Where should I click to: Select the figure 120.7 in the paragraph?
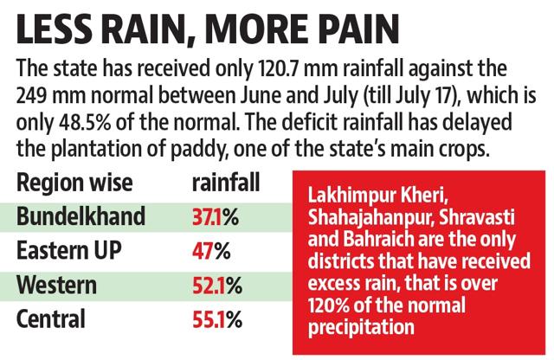pos(279,68)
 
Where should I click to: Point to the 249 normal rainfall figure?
pos(31,95)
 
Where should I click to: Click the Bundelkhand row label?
pos(81,215)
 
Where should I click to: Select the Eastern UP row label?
pos(69,250)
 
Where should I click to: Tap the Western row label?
pos(56,285)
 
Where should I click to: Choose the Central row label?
pos(51,318)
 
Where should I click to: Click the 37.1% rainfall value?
pos(216,217)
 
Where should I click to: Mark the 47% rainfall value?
pos(211,251)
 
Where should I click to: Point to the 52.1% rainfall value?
pos(217,286)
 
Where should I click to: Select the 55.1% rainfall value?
pos(217,319)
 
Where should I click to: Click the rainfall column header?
pos(226,183)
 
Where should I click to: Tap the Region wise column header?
pos(74,183)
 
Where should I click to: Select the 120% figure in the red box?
pos(329,305)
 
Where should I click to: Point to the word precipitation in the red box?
pos(361,327)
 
